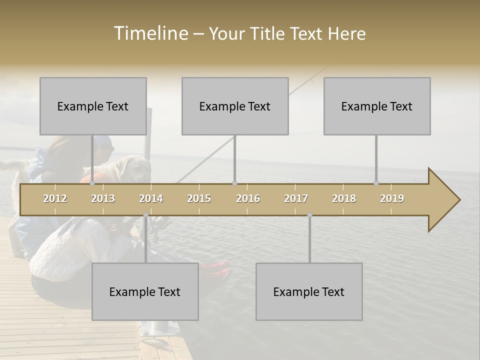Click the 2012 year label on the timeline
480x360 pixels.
point(55,198)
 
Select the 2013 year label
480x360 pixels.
point(103,198)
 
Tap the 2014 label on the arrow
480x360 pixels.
point(151,198)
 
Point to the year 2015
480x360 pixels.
point(199,198)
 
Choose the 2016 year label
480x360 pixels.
point(248,198)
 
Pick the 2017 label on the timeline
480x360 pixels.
point(296,198)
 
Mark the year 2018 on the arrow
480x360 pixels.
point(344,198)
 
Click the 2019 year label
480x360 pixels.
point(392,198)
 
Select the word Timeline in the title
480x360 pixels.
point(150,33)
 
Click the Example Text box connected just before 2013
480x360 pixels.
point(93,106)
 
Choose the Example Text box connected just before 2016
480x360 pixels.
point(235,106)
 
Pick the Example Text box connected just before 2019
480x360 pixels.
point(377,106)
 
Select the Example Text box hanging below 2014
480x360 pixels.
point(145,291)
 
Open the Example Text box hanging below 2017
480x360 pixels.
point(309,291)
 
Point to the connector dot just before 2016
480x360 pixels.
point(235,183)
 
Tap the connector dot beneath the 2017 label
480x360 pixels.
point(309,215)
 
